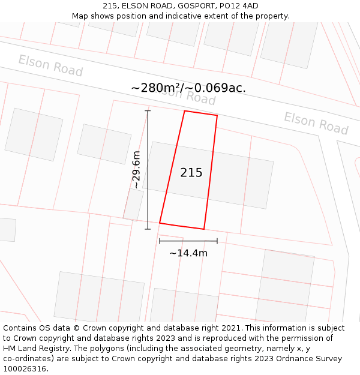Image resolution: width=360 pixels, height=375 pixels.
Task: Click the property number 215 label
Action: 191,173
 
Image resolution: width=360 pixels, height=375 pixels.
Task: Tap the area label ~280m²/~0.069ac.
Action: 188,88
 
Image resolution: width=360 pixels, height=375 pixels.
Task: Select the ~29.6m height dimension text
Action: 136,170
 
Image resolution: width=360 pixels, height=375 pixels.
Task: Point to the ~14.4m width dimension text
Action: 188,253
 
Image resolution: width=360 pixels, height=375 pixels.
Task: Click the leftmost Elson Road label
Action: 50,65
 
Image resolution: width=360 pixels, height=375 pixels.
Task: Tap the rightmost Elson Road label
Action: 316,123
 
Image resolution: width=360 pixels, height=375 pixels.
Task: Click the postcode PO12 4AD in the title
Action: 238,6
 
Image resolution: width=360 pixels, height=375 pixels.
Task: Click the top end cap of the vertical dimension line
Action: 148,111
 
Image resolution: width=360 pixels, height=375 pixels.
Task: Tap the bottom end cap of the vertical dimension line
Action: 148,229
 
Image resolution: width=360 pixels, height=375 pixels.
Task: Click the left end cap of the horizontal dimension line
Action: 160,241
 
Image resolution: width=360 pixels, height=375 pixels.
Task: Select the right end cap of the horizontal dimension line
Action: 217,241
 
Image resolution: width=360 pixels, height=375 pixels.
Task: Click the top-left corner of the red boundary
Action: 184,111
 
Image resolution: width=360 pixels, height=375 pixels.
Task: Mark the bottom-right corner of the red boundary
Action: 204,229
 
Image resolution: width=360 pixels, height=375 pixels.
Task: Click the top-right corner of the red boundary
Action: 217,116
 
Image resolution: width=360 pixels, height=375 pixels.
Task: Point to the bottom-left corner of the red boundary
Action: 160,223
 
